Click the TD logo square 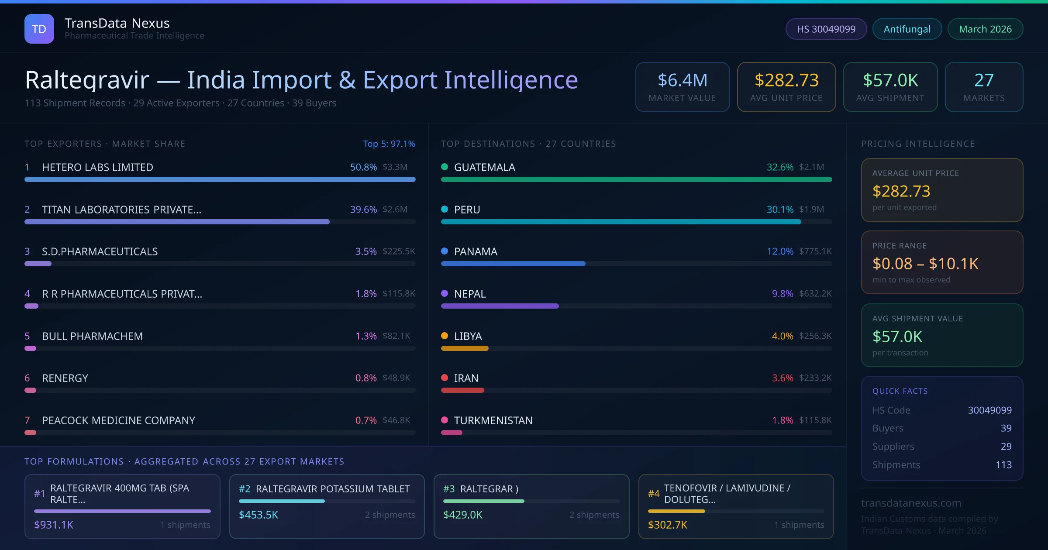pyautogui.click(x=39, y=29)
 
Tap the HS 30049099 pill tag pyautogui.click(x=826, y=29)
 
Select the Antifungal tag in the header pyautogui.click(x=907, y=29)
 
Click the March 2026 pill pyautogui.click(x=985, y=29)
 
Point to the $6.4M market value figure pyautogui.click(x=682, y=80)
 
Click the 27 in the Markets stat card pyautogui.click(x=984, y=80)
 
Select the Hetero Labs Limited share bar pyautogui.click(x=220, y=179)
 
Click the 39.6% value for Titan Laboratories pyautogui.click(x=363, y=210)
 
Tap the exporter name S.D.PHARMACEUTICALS pyautogui.click(x=100, y=251)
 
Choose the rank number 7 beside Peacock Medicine pyautogui.click(x=27, y=420)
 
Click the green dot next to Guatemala pyautogui.click(x=445, y=167)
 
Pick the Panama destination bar pyautogui.click(x=513, y=264)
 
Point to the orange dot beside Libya pyautogui.click(x=445, y=336)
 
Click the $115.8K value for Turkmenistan pyautogui.click(x=815, y=420)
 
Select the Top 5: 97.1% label pyautogui.click(x=389, y=144)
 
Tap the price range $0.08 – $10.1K pyautogui.click(x=925, y=264)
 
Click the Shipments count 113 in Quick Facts pyautogui.click(x=1003, y=465)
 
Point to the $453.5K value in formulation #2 pyautogui.click(x=259, y=515)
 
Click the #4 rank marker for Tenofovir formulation pyautogui.click(x=654, y=494)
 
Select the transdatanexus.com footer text pyautogui.click(x=911, y=503)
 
